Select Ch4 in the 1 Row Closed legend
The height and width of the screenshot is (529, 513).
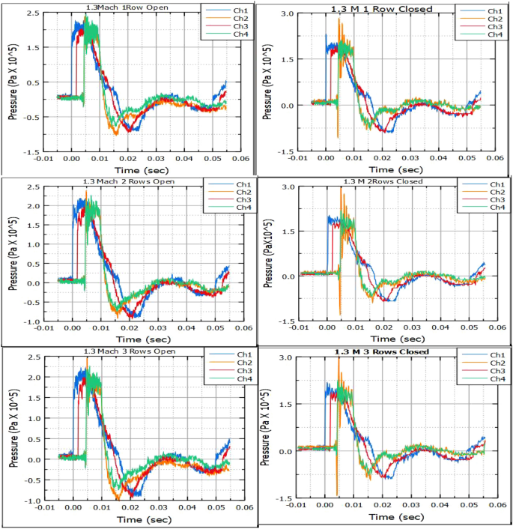(x=495, y=34)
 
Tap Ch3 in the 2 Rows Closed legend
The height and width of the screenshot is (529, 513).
(x=494, y=199)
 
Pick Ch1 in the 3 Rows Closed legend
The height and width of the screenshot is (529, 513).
(x=494, y=354)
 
